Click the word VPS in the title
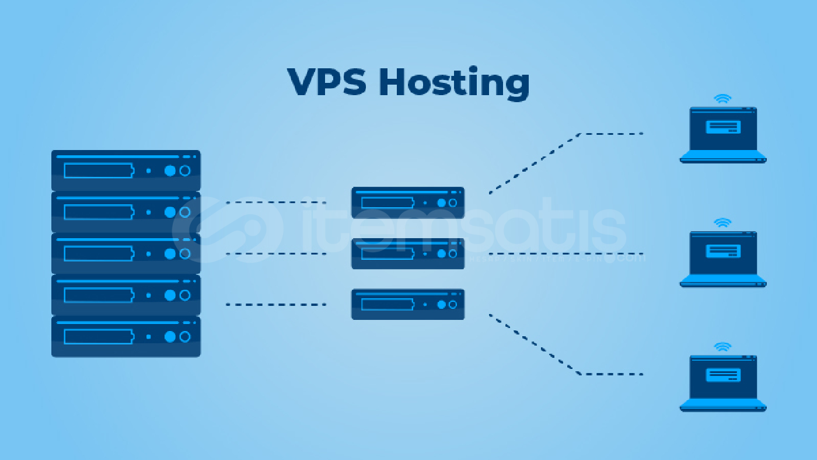tap(327, 82)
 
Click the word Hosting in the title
tap(454, 83)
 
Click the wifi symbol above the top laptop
tap(723, 99)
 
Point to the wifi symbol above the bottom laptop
tap(723, 347)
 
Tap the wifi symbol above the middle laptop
tap(723, 222)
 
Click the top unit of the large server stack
tap(126, 170)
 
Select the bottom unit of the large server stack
tap(126, 336)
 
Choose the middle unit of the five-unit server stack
tap(126, 253)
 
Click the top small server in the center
tap(407, 203)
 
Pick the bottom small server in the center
tap(407, 304)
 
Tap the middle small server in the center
tap(407, 253)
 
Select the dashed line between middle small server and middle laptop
tap(565, 254)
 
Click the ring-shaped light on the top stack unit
tap(185, 170)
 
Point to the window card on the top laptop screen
tap(723, 127)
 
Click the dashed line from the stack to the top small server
tap(275, 203)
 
